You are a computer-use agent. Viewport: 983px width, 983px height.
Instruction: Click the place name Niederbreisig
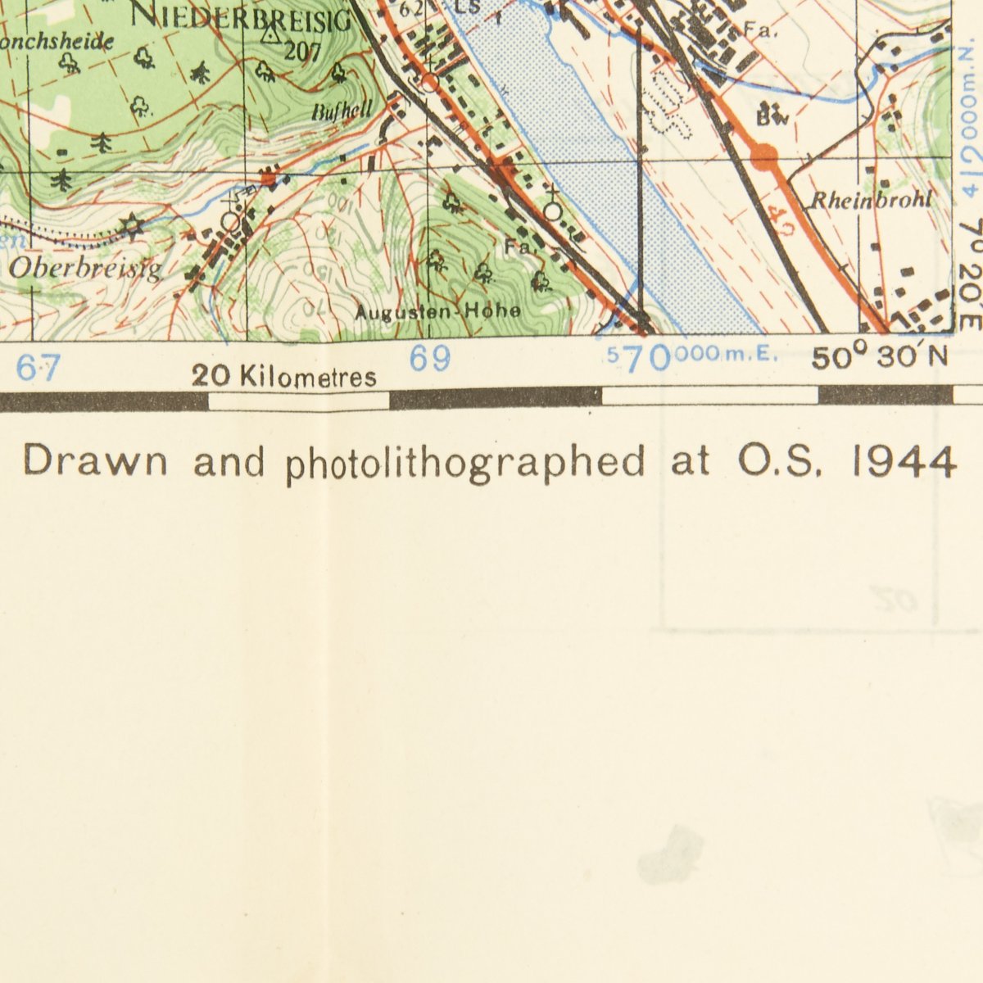point(241,16)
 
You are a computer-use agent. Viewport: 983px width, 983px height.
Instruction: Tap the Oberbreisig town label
point(86,269)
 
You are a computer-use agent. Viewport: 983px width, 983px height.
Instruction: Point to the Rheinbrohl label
point(871,200)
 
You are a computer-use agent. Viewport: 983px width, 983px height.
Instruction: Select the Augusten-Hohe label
point(438,311)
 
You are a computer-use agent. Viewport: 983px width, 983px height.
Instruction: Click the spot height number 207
point(302,51)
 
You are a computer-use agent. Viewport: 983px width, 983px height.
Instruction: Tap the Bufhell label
point(342,111)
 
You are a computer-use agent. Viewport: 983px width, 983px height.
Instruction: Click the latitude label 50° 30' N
point(880,358)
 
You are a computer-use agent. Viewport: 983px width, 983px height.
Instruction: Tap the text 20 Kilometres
point(284,376)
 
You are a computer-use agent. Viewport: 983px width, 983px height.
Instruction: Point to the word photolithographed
point(465,464)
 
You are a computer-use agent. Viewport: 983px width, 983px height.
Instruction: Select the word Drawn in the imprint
point(95,461)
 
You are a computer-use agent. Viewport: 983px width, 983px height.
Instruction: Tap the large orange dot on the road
point(764,153)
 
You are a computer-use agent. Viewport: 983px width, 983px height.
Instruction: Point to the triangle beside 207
point(270,34)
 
